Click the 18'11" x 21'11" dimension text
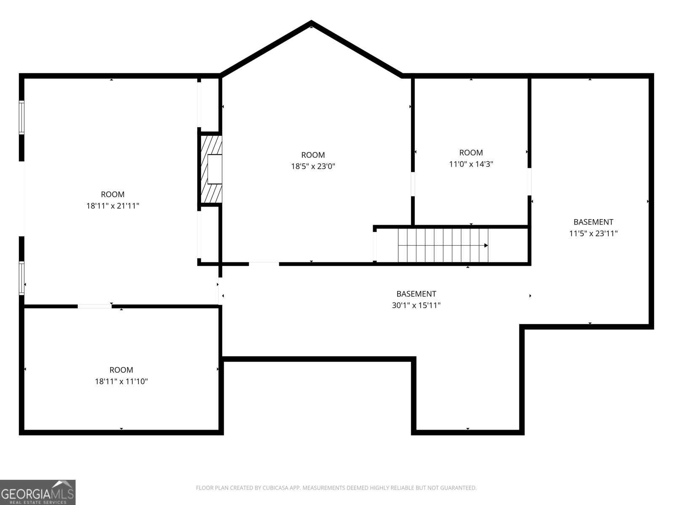(x=112, y=206)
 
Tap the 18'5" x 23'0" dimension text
(x=313, y=166)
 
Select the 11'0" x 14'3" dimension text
(x=471, y=164)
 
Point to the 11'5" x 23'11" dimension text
(x=593, y=233)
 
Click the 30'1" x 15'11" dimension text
(x=416, y=305)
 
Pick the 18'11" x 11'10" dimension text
(x=121, y=381)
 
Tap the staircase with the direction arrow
(x=443, y=245)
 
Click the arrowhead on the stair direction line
(x=486, y=245)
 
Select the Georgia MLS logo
(x=37, y=492)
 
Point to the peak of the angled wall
(x=311, y=23)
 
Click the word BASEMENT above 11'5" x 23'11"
(x=593, y=222)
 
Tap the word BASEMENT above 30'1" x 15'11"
(x=416, y=294)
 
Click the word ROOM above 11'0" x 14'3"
(x=471, y=152)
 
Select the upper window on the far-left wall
(x=21, y=117)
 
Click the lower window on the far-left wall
(x=21, y=278)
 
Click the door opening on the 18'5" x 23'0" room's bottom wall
(x=264, y=264)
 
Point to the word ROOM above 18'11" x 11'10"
(x=121, y=370)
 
